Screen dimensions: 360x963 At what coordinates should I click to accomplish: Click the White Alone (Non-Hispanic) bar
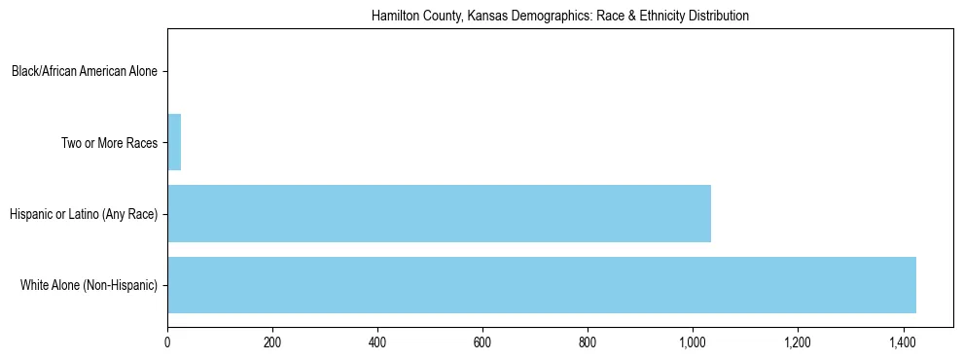click(x=542, y=285)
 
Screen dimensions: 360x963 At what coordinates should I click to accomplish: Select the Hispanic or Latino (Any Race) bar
click(x=439, y=213)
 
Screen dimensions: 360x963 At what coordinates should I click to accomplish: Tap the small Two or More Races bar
click(x=174, y=142)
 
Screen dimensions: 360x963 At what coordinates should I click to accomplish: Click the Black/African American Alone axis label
click(x=85, y=71)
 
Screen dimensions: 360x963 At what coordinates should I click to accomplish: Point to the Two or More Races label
click(x=109, y=143)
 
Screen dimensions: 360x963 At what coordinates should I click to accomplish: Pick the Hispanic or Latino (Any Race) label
click(x=83, y=214)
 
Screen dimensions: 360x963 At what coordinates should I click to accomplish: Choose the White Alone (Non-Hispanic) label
click(x=89, y=285)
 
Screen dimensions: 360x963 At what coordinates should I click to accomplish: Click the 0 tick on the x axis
click(x=167, y=342)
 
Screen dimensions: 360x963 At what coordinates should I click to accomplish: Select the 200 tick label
click(x=272, y=342)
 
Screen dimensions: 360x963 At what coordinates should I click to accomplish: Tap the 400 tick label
click(x=377, y=342)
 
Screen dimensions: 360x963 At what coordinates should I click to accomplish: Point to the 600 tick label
click(x=482, y=342)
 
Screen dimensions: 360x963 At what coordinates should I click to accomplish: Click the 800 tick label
click(x=588, y=342)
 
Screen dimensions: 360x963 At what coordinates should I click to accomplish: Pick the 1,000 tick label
click(x=693, y=342)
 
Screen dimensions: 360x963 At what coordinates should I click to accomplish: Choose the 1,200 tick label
click(x=798, y=342)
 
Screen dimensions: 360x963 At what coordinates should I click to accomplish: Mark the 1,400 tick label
click(x=903, y=342)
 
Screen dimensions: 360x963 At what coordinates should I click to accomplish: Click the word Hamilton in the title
click(x=393, y=17)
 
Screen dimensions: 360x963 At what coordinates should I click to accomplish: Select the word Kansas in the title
click(x=467, y=17)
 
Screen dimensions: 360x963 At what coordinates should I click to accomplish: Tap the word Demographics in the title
click(x=529, y=17)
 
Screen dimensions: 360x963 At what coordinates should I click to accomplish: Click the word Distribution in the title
click(x=718, y=17)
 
